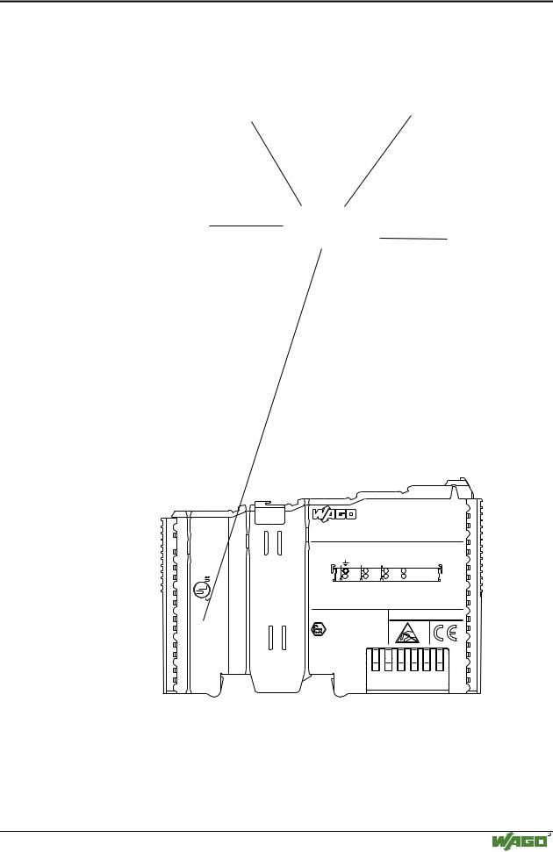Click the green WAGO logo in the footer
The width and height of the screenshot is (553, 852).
(x=520, y=841)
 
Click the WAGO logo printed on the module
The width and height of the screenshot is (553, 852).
(x=334, y=513)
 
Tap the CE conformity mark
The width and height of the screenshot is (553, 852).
(x=445, y=633)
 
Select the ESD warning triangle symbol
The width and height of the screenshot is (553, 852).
(x=408, y=633)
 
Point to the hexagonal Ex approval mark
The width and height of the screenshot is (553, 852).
(x=318, y=630)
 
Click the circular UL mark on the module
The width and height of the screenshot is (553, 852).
(x=202, y=589)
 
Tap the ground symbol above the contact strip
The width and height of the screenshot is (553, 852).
(x=346, y=562)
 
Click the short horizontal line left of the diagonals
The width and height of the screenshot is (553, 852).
(x=247, y=225)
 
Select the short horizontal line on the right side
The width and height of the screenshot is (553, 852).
(x=413, y=238)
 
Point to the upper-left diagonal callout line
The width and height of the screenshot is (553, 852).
(x=276, y=164)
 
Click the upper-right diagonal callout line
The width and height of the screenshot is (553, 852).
(x=377, y=161)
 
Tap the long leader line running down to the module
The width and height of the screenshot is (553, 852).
(x=262, y=434)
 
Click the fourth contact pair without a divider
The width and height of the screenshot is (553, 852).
(x=404, y=574)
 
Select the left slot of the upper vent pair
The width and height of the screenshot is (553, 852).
(x=266, y=543)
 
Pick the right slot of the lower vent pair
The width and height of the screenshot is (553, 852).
(x=284, y=637)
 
